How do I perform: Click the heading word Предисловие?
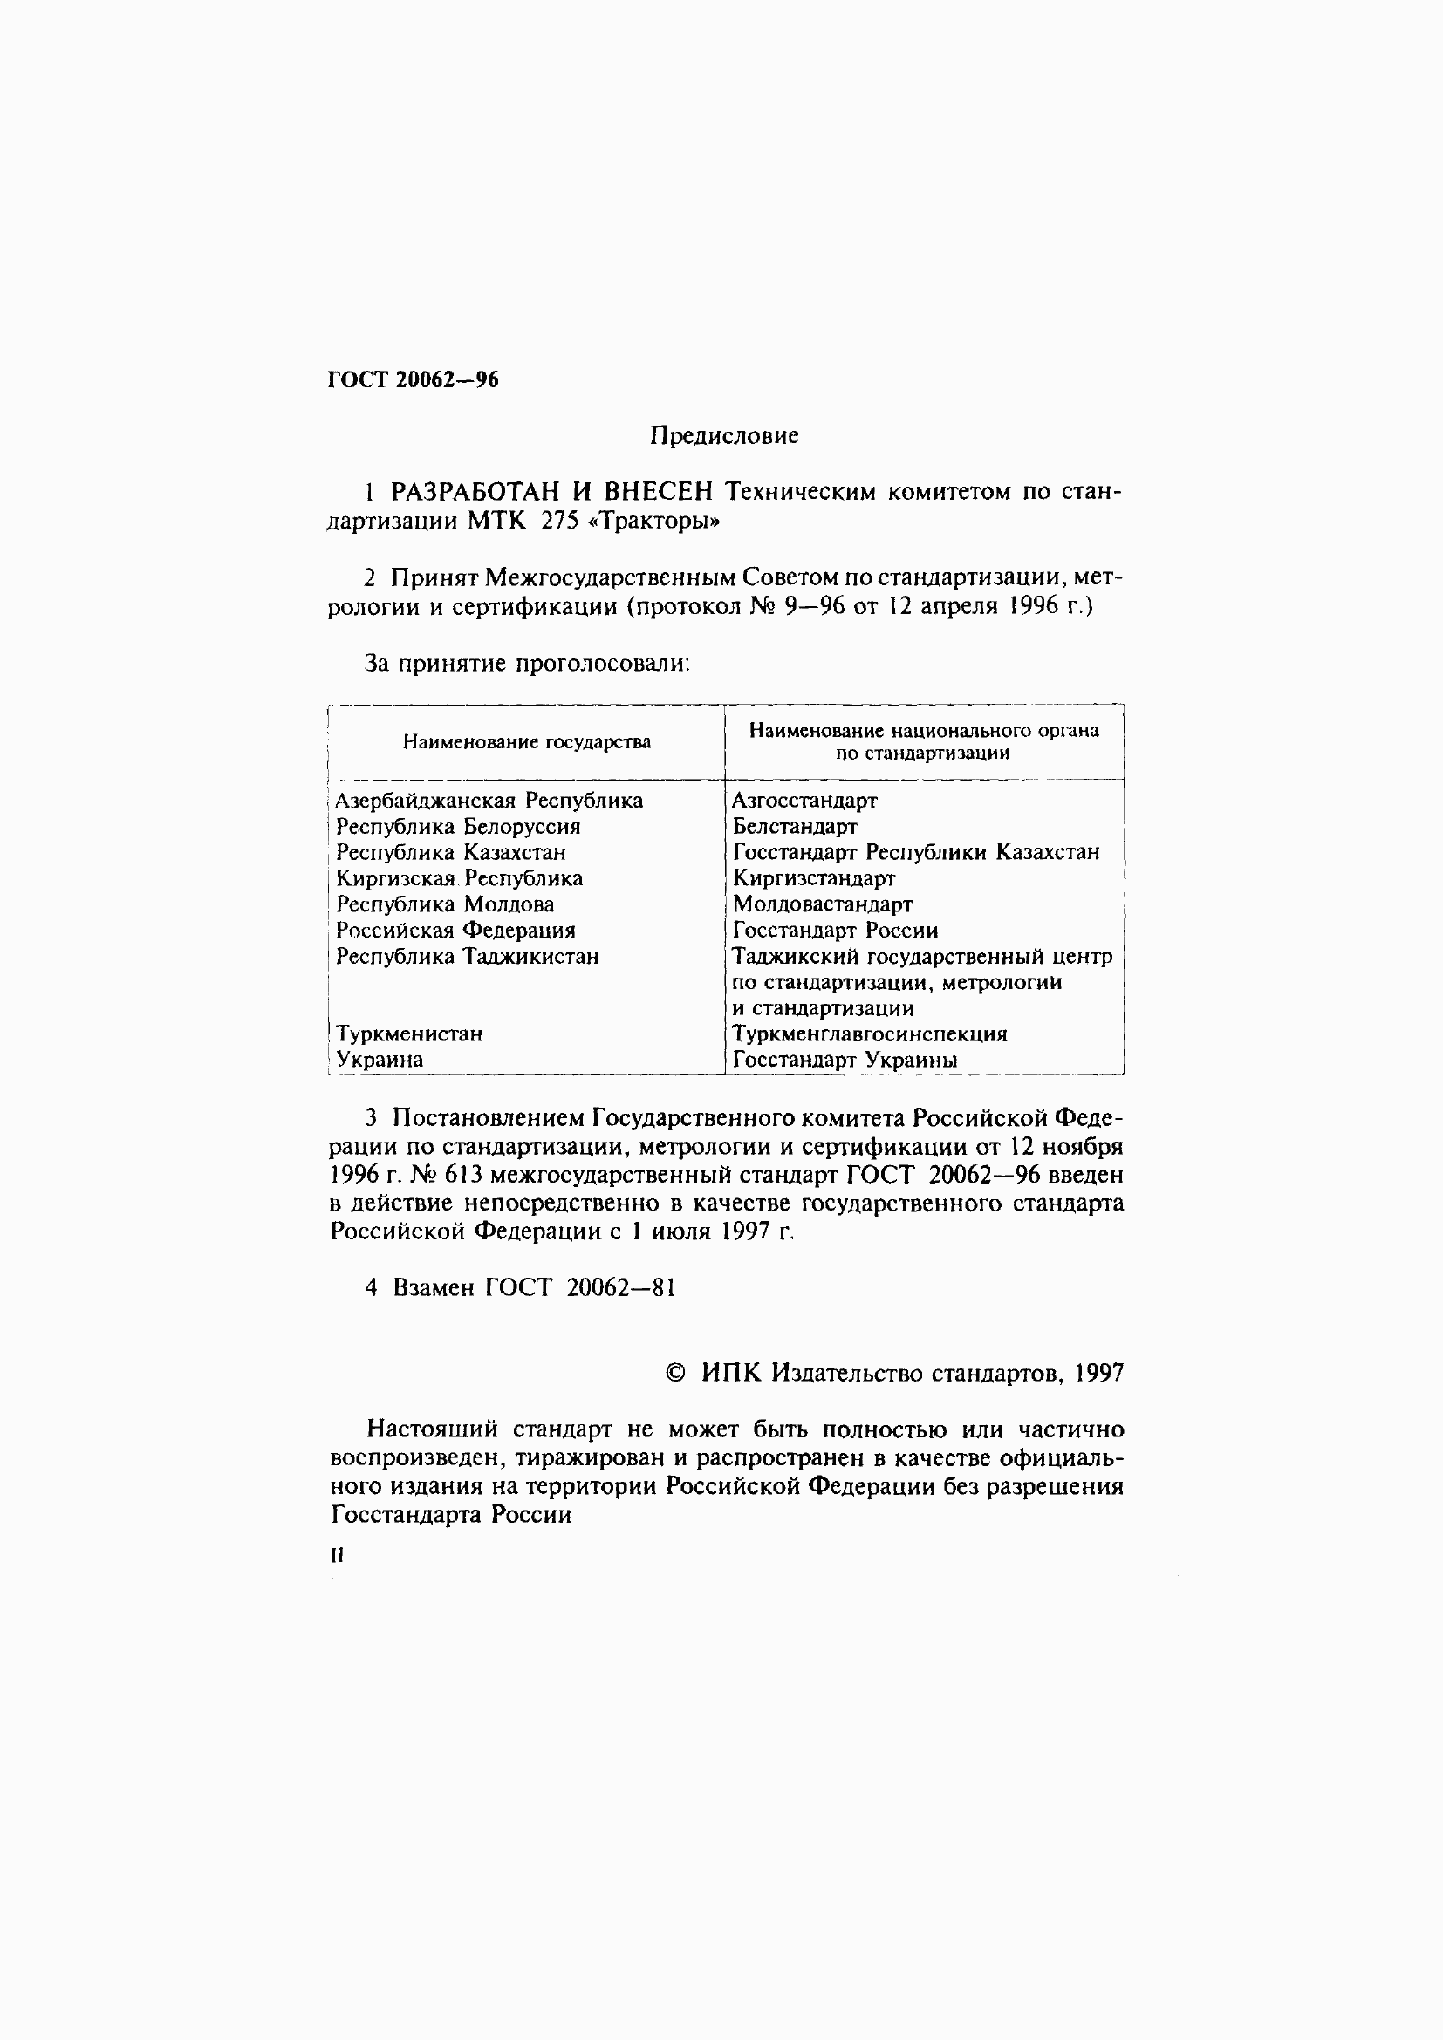[x=723, y=435]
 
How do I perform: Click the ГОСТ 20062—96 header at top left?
[x=414, y=379]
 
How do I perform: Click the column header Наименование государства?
[x=526, y=742]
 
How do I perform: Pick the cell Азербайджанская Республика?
[x=489, y=801]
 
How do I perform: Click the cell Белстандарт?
[x=795, y=826]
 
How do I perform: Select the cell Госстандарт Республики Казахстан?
[x=915, y=852]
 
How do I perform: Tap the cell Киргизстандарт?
[x=813, y=878]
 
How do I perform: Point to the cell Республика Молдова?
[x=444, y=904]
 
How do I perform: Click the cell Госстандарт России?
[x=834, y=931]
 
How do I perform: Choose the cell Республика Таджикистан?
[x=468, y=956]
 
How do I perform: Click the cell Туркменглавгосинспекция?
[x=869, y=1034]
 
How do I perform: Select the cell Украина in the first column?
[x=380, y=1059]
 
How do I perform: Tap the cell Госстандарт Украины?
[x=845, y=1059]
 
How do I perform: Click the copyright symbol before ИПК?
[x=675, y=1374]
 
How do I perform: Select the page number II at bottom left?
[x=336, y=1555]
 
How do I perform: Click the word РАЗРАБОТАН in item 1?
[x=474, y=491]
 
